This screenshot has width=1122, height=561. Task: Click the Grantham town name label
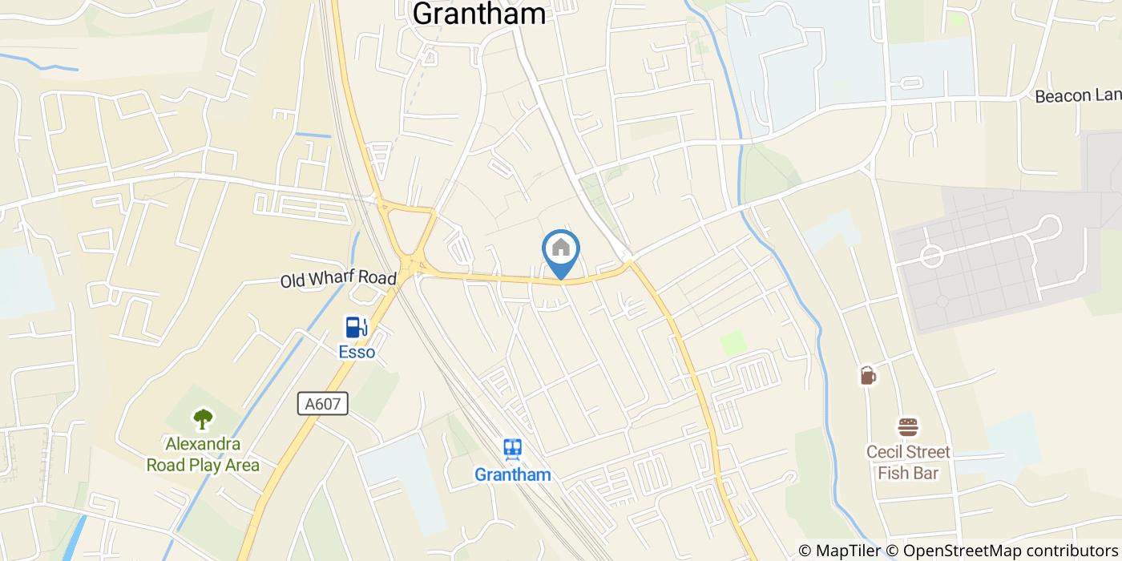point(478,13)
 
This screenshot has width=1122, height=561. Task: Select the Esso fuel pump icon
point(357,327)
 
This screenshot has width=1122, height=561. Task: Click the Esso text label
point(357,352)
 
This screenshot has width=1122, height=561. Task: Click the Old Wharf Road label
point(338,280)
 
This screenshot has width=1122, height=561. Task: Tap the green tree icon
point(203,418)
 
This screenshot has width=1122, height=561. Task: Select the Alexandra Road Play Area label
point(203,454)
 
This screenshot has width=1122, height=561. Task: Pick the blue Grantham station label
point(513,474)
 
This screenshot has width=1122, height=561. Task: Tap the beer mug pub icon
point(867,375)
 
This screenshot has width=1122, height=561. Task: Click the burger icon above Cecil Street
point(907,427)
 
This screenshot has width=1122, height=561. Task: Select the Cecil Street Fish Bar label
point(908,462)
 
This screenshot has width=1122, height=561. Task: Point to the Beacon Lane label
point(1077,96)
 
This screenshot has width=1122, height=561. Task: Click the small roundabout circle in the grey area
point(931,256)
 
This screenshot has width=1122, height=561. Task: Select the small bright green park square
point(733,343)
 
